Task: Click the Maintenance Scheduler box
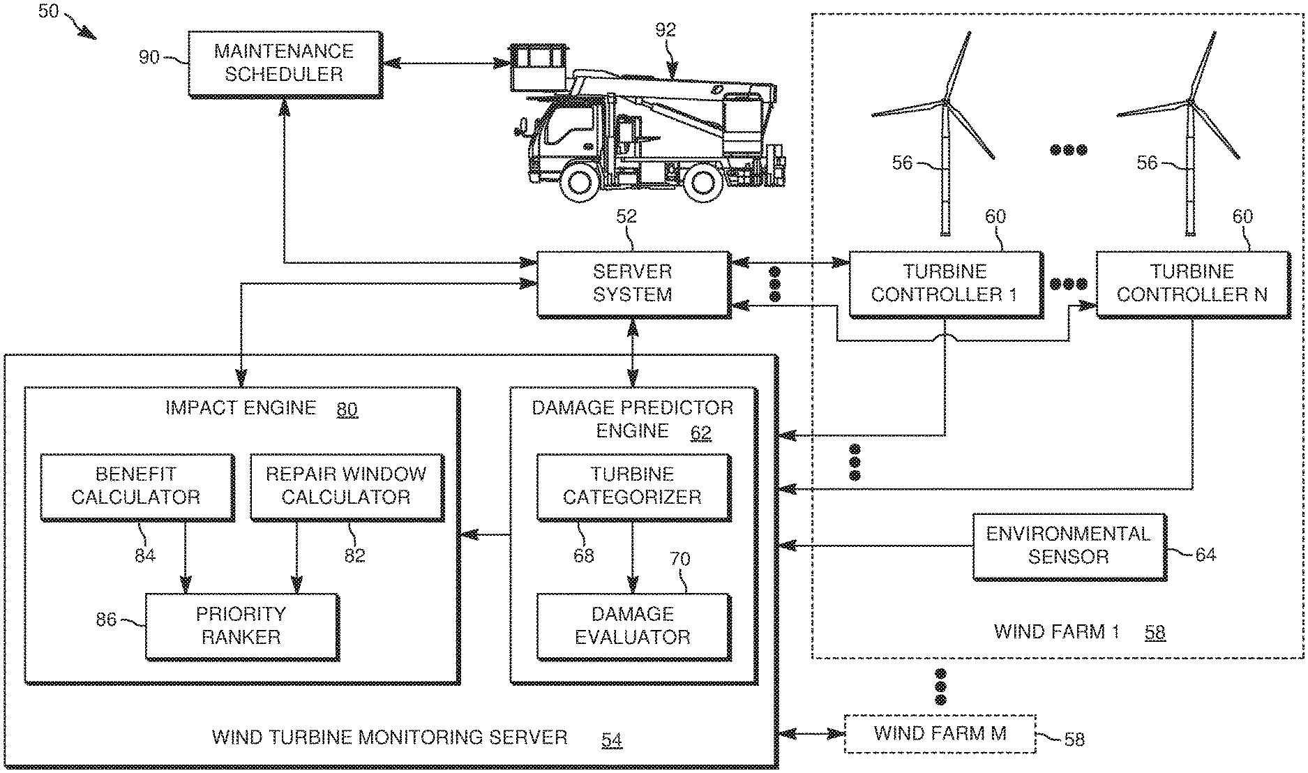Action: click(x=285, y=63)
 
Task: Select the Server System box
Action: click(x=633, y=283)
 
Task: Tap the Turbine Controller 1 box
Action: click(x=945, y=283)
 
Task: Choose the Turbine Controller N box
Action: click(x=1192, y=283)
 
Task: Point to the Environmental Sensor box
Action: click(x=1067, y=546)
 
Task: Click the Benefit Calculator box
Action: click(x=136, y=486)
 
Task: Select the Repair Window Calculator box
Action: click(x=346, y=486)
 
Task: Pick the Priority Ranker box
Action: click(x=241, y=626)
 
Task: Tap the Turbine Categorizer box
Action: click(x=633, y=486)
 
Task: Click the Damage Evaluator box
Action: click(x=633, y=626)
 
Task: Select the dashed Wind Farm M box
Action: click(x=940, y=734)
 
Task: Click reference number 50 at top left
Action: click(x=48, y=11)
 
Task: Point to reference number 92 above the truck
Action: click(x=666, y=29)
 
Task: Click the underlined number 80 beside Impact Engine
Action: click(x=347, y=409)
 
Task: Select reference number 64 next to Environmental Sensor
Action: click(x=1205, y=555)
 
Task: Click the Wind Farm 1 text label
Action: click(x=1056, y=632)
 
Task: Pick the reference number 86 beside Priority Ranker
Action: click(x=106, y=619)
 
